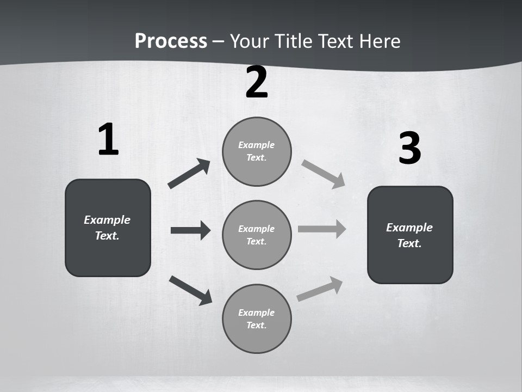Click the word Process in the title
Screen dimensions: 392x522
(171, 41)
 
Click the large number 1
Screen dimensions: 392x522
(108, 139)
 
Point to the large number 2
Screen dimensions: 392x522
(257, 82)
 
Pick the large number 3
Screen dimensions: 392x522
(409, 148)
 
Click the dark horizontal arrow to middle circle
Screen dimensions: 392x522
(190, 230)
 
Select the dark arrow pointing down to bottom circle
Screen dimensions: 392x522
(190, 290)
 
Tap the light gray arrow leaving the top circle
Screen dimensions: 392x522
(324, 174)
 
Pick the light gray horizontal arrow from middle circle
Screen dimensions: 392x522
(322, 229)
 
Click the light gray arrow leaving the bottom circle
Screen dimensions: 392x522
(320, 289)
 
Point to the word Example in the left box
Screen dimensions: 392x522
(107, 220)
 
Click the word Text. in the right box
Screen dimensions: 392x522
(409, 243)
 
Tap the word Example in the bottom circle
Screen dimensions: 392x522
(257, 313)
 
